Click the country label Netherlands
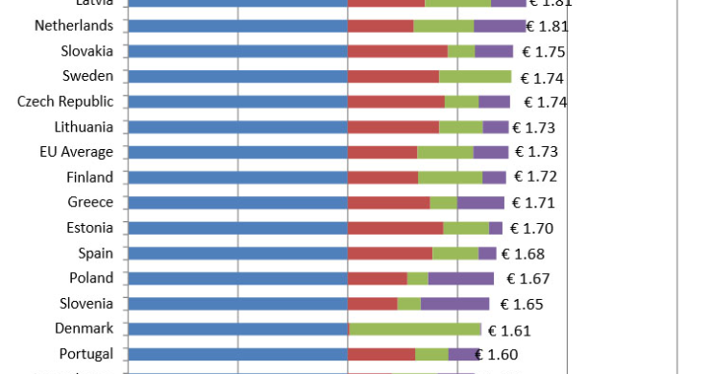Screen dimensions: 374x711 [x=73, y=25]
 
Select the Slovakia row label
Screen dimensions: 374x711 [x=86, y=51]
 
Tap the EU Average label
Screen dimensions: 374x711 [x=76, y=152]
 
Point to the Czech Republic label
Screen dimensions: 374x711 [x=65, y=101]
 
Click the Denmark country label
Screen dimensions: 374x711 [x=84, y=328]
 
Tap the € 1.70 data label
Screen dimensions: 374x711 [x=531, y=229]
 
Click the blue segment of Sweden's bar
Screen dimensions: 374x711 [x=236, y=76]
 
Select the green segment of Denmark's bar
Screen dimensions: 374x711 [x=414, y=329]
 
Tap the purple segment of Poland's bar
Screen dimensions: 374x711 [x=461, y=279]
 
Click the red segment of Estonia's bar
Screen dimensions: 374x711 [x=395, y=228]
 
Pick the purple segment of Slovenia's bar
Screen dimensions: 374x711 [x=454, y=304]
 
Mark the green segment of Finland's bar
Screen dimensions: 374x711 [x=450, y=177]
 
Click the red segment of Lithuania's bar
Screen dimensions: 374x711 [x=393, y=127]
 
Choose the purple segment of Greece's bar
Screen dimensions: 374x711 [x=480, y=203]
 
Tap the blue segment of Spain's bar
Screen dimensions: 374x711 [x=236, y=253]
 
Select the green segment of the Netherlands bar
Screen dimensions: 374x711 [x=443, y=26]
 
